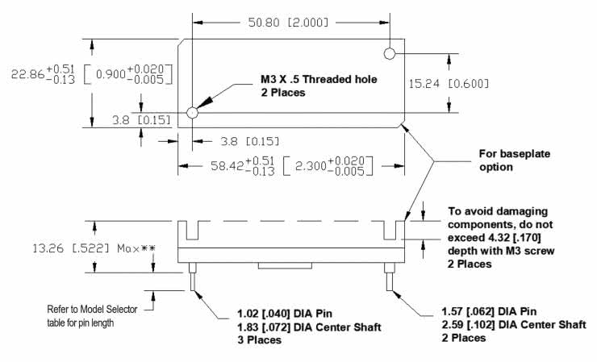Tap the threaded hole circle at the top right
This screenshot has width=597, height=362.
pyautogui.click(x=390, y=54)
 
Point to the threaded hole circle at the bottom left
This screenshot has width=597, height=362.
pyautogui.click(x=192, y=112)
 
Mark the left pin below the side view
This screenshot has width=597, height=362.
pyautogui.click(x=192, y=282)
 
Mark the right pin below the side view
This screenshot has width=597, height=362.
pyautogui.click(x=390, y=282)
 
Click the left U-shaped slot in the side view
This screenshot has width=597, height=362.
pyautogui.click(x=192, y=230)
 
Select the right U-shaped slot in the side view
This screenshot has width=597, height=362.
pyautogui.click(x=390, y=230)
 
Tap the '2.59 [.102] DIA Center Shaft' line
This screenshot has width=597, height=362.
pyautogui.click(x=509, y=325)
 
